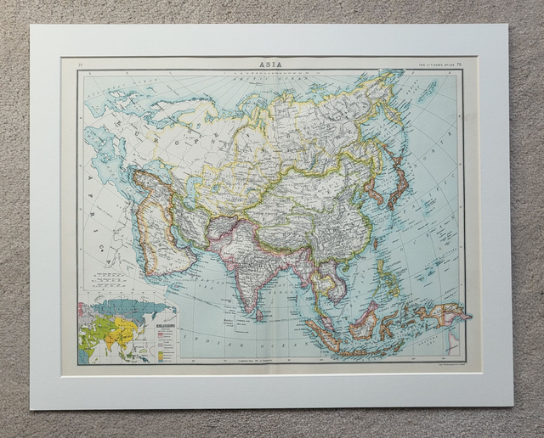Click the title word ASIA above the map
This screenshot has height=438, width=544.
(x=272, y=63)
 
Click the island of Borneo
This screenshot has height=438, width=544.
(x=364, y=322)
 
